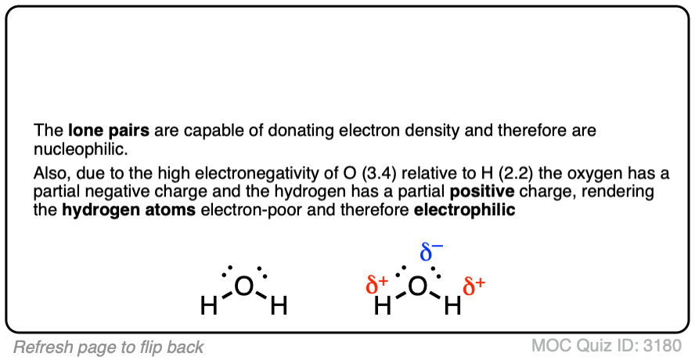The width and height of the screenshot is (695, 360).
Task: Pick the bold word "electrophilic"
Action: point(464,209)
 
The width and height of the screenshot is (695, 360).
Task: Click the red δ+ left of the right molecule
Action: point(377,285)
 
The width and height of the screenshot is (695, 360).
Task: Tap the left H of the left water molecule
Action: point(209,307)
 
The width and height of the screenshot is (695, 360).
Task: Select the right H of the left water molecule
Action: point(279,307)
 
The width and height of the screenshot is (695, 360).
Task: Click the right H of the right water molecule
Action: point(452,307)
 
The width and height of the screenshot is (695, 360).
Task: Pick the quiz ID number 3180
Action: point(665,347)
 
